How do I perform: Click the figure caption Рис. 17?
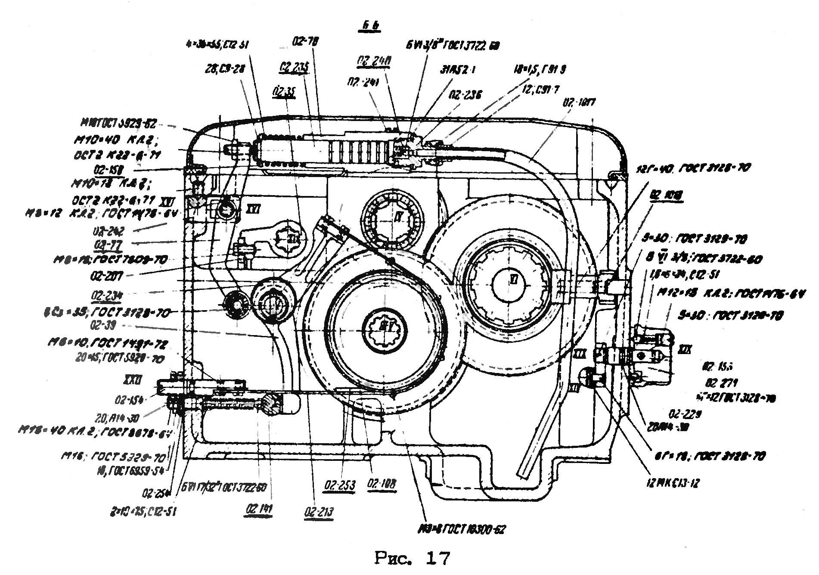point(412,559)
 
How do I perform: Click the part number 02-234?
point(107,295)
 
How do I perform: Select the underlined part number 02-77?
point(107,245)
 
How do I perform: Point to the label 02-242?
point(108,232)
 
